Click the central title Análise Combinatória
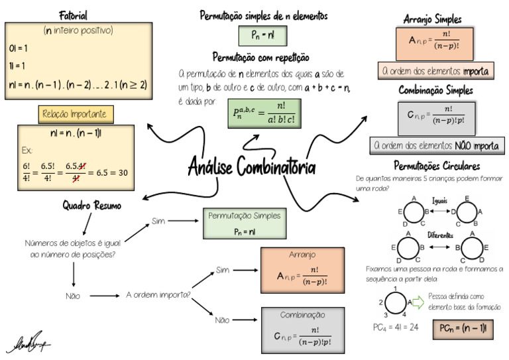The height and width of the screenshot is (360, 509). (251, 165)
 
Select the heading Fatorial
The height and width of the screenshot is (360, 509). (73, 15)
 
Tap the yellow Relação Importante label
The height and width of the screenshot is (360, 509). (76, 115)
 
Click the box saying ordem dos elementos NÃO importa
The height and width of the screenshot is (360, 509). (435, 145)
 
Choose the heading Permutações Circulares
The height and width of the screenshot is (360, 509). (436, 166)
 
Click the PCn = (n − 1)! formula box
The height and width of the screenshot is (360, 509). (464, 328)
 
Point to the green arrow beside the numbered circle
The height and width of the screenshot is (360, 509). (418, 302)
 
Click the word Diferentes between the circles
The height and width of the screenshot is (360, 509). (440, 235)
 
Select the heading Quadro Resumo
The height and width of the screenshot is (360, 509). (92, 206)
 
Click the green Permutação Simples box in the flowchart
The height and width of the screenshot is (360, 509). (244, 223)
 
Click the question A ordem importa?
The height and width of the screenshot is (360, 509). (159, 295)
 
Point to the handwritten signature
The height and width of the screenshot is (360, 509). (30, 344)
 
